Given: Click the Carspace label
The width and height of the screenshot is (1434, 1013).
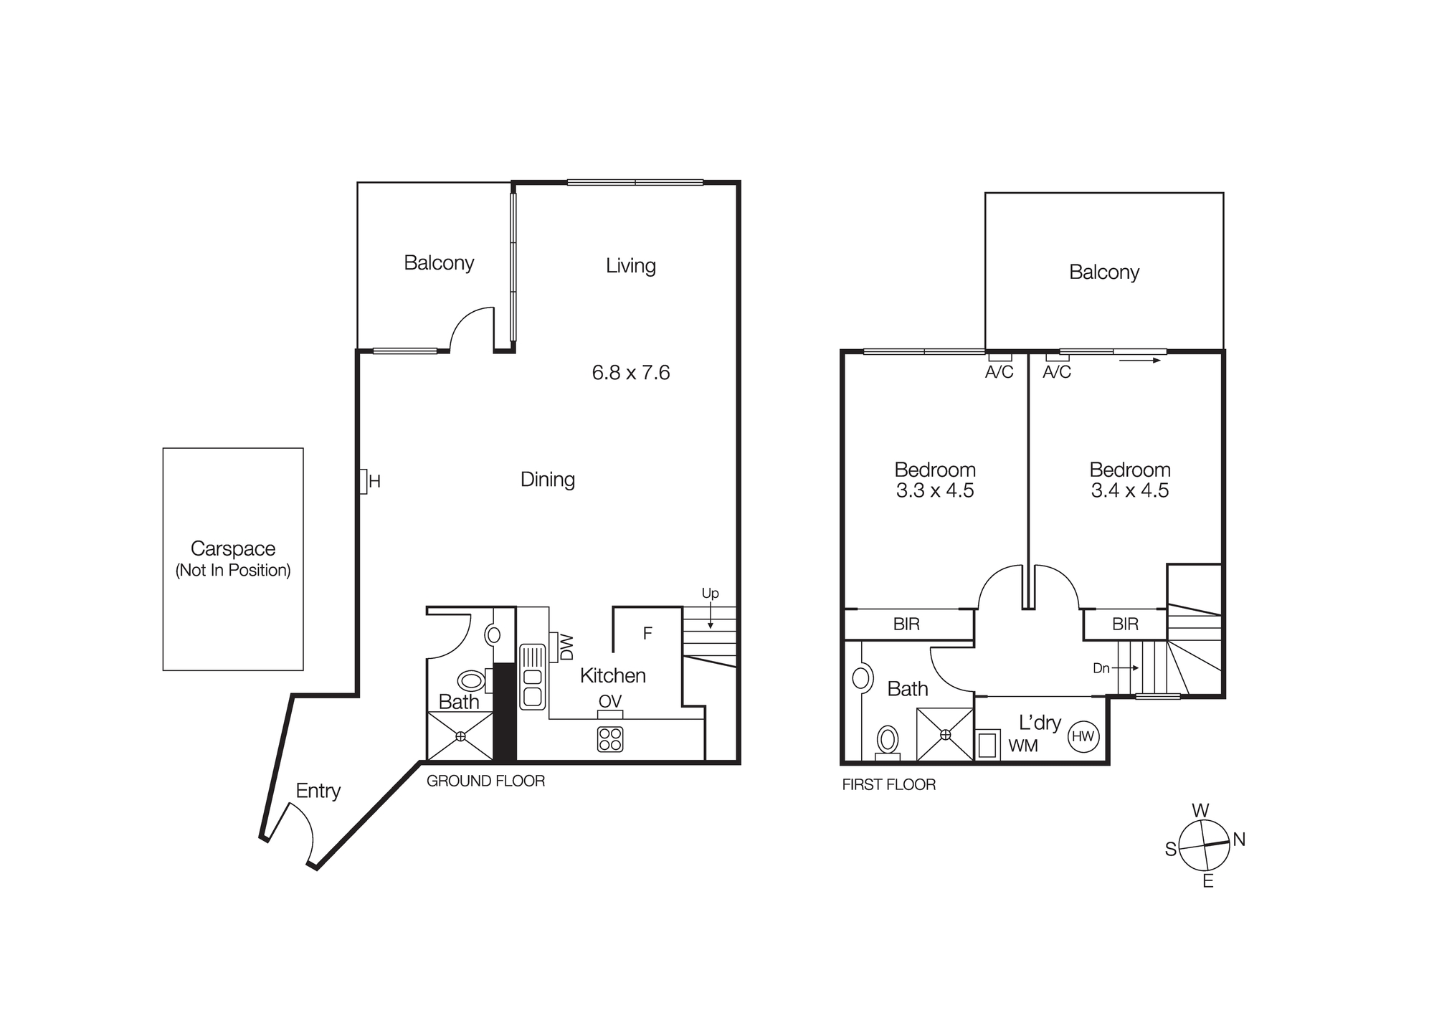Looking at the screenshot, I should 233,548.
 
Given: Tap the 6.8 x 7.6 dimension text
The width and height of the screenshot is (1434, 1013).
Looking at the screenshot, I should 631,373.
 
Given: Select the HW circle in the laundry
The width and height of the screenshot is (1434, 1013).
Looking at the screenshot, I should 1083,736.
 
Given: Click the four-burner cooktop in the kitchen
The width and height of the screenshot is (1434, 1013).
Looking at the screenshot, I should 610,739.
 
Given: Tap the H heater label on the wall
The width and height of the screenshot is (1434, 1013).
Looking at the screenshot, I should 374,482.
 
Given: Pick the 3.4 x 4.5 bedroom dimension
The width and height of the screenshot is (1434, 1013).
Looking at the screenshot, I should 1130,491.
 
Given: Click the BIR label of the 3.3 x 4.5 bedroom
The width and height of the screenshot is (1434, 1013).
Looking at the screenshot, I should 906,624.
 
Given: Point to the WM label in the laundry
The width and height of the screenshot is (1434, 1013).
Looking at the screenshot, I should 1023,746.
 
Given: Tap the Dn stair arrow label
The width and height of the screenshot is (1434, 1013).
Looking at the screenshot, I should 1101,668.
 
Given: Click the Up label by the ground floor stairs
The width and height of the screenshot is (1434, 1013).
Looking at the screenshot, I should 710,594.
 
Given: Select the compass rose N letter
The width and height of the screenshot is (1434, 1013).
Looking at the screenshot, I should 1239,840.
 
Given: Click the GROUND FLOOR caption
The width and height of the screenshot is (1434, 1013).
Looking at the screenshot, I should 485,781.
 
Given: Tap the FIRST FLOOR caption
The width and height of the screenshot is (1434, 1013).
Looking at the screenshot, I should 888,785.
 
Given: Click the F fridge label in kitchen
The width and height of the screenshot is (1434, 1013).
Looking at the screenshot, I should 647,633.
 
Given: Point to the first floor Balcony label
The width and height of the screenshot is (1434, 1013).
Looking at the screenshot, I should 1104,272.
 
